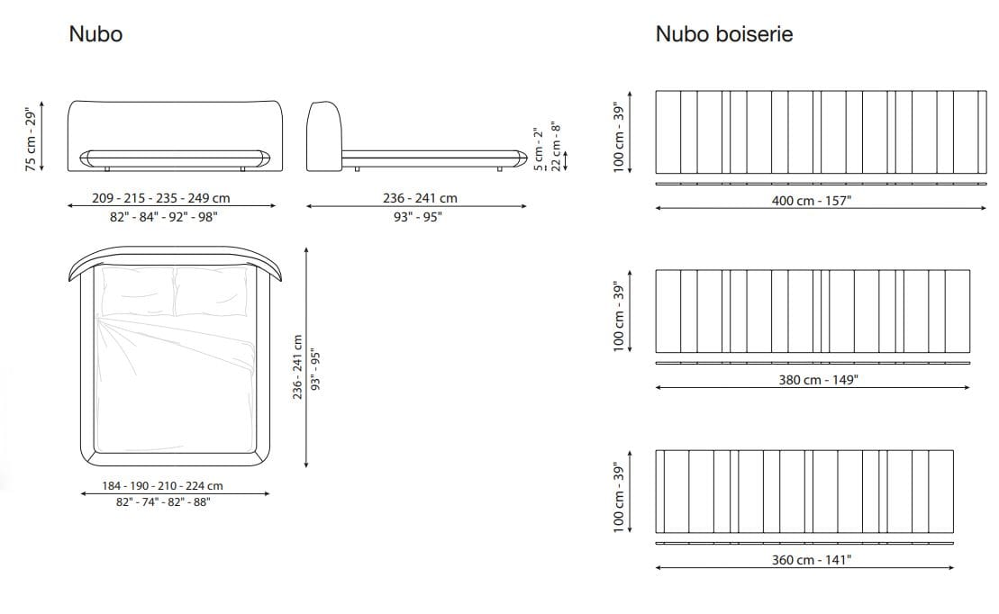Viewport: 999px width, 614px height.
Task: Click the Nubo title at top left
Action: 95,34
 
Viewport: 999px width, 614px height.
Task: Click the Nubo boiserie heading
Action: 723,34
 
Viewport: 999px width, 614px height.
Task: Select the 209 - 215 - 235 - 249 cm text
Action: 160,198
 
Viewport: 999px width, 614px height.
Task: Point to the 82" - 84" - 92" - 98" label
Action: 169,217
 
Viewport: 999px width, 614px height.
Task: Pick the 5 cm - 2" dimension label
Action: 537,149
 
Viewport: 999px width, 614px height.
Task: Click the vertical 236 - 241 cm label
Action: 298,368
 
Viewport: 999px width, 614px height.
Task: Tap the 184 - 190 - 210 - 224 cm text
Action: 163,485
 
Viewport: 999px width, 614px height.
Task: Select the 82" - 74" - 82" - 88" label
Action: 163,502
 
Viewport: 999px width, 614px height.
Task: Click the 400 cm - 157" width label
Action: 811,200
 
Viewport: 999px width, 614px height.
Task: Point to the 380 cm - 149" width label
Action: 817,380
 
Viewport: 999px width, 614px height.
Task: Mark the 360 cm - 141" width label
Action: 811,560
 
